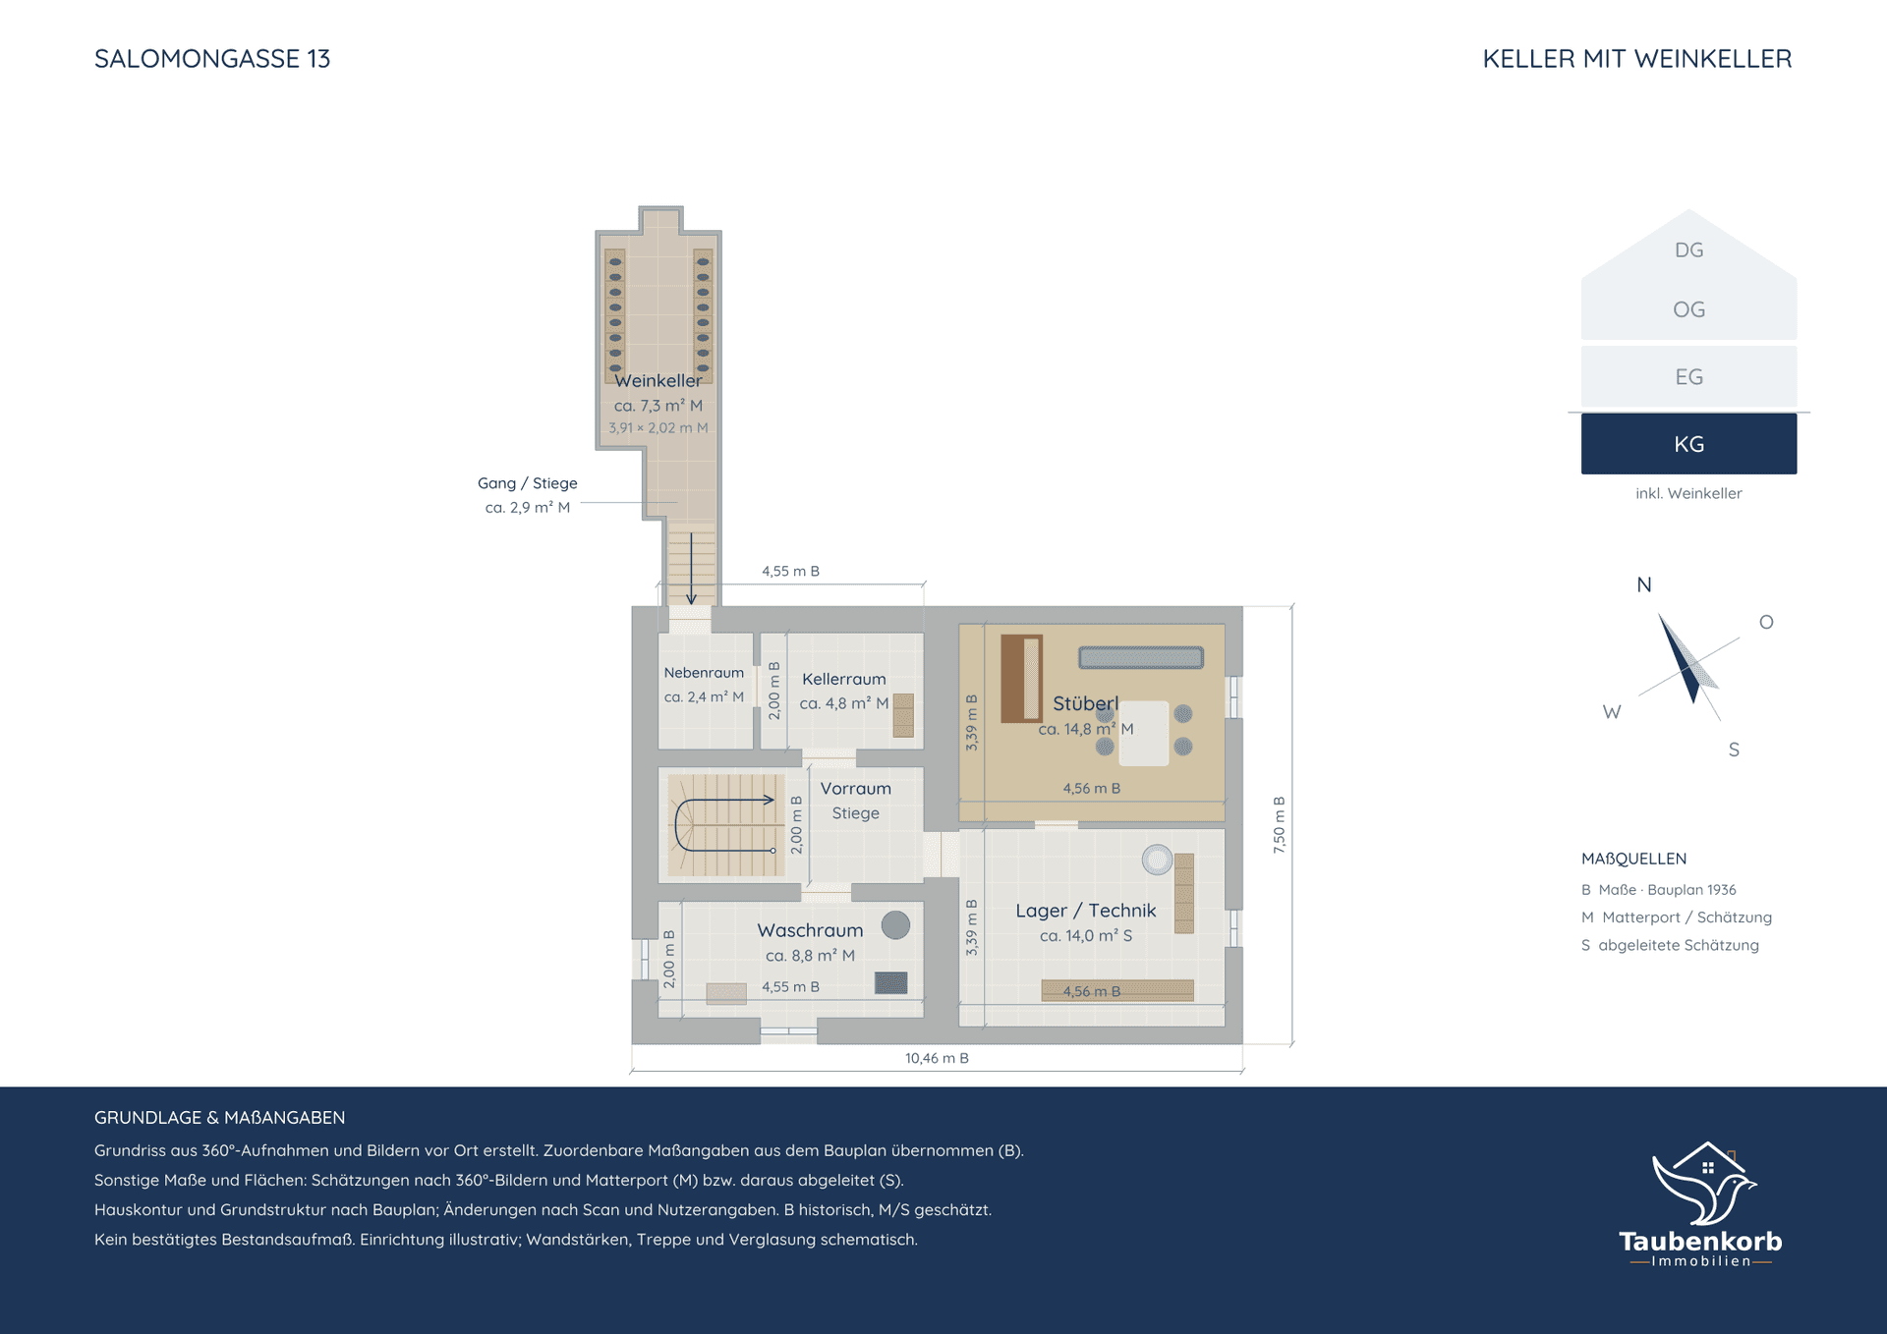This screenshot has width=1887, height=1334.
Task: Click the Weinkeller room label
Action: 658,380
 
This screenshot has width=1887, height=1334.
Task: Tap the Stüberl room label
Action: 1085,703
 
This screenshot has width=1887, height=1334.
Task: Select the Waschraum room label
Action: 810,930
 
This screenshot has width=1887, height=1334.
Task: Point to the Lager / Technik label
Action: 1085,911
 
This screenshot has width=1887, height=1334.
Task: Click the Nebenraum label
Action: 704,673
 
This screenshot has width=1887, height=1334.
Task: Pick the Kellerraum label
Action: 843,679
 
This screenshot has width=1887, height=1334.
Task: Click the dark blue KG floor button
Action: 1688,444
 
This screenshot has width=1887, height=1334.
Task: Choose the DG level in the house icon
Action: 1688,250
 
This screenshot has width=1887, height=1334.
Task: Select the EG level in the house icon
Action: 1688,376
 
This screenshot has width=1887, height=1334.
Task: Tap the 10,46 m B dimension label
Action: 937,1058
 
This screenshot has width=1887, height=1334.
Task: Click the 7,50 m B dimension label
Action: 1279,824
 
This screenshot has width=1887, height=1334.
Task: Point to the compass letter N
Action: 1643,584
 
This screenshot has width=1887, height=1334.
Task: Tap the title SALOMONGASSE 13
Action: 212,59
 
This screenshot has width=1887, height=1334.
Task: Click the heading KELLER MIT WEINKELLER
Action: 1636,59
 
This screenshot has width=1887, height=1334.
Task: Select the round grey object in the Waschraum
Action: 895,924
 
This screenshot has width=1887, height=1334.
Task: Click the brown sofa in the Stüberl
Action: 1021,679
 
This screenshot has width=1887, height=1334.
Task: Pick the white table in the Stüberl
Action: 1144,733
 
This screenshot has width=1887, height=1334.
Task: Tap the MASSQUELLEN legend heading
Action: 1633,859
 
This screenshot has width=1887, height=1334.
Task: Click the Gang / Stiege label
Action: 527,483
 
